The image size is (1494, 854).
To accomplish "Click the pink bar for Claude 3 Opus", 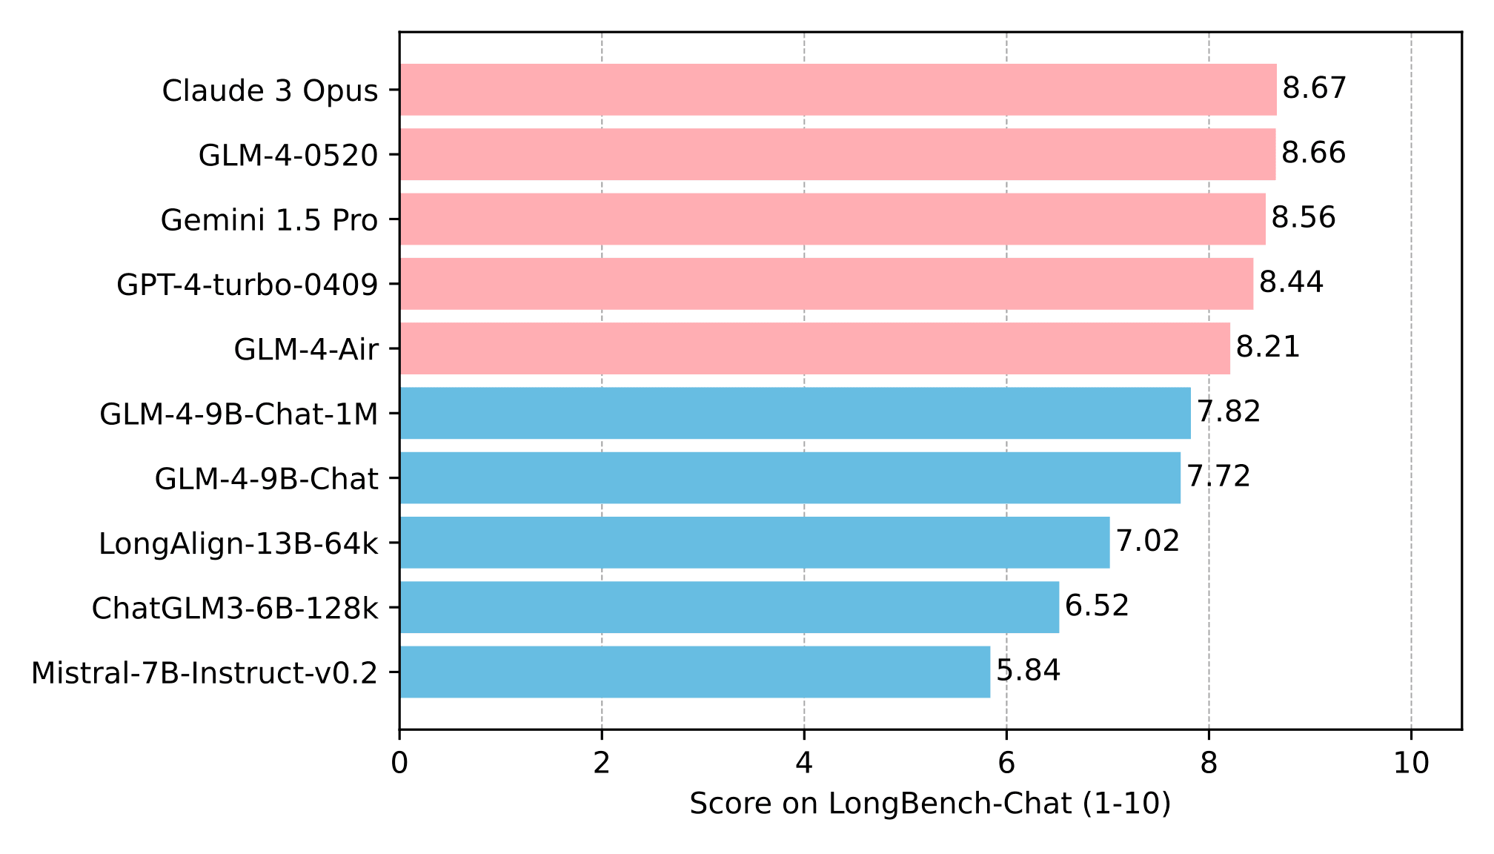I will [837, 90].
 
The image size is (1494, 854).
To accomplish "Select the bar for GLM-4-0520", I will [837, 154].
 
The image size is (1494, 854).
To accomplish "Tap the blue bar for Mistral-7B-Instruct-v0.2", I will [694, 672].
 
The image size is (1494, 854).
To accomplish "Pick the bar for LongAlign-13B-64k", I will [754, 543].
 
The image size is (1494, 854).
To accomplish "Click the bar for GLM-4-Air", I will [814, 348].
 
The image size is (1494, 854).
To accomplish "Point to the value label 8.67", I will [1314, 89].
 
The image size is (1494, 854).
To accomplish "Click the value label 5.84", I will [1028, 671].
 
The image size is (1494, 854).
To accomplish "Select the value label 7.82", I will [1229, 412].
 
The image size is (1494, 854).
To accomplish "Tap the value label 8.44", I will [1291, 283].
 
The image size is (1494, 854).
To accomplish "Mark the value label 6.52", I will [1097, 606].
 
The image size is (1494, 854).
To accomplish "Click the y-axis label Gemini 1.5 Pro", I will [269, 220].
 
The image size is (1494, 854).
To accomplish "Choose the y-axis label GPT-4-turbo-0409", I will [248, 285].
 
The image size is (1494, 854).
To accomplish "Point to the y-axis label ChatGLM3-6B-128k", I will [235, 609].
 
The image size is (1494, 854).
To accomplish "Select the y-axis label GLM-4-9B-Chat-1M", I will [239, 414].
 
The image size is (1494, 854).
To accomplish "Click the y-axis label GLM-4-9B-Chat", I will [266, 479].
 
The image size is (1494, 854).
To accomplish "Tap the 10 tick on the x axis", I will [1411, 763].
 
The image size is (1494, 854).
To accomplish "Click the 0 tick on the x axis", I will [399, 763].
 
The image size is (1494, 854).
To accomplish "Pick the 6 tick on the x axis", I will [1006, 763].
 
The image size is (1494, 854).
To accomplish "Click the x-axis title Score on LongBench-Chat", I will [930, 804].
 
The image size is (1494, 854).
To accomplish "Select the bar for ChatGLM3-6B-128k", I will [729, 607].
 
